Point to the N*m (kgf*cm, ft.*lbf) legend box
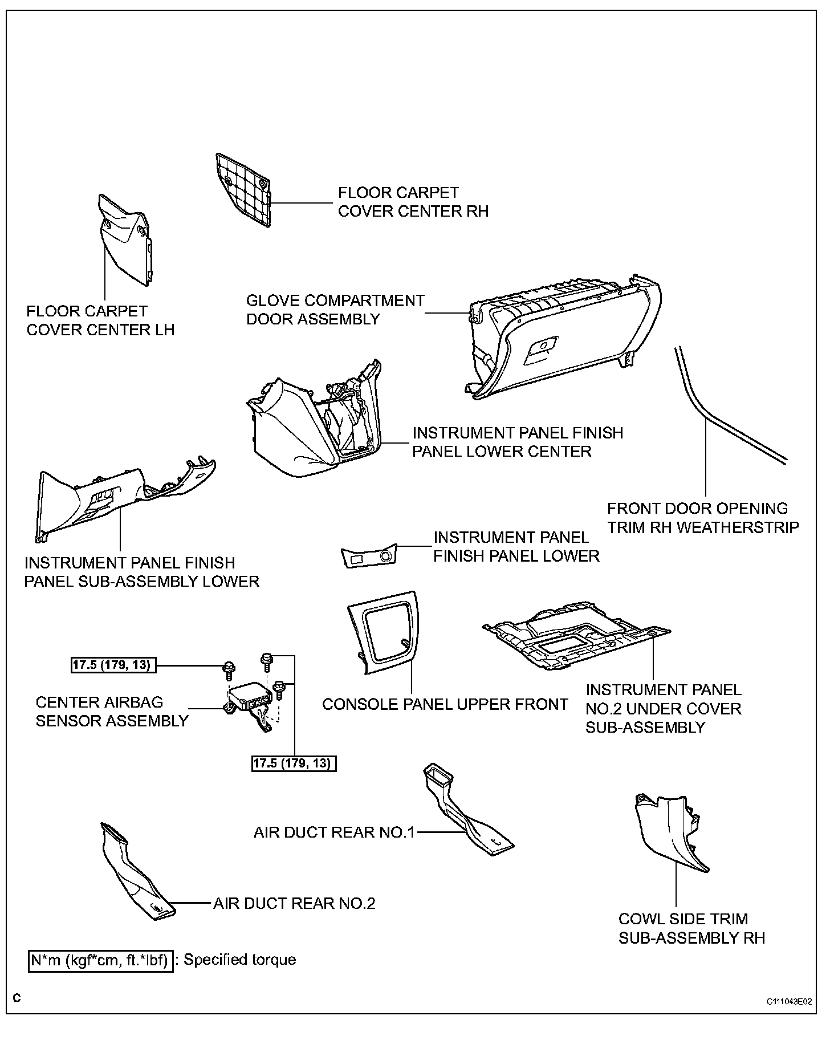(x=100, y=960)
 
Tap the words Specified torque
(x=239, y=960)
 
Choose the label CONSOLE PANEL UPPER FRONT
(x=445, y=705)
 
